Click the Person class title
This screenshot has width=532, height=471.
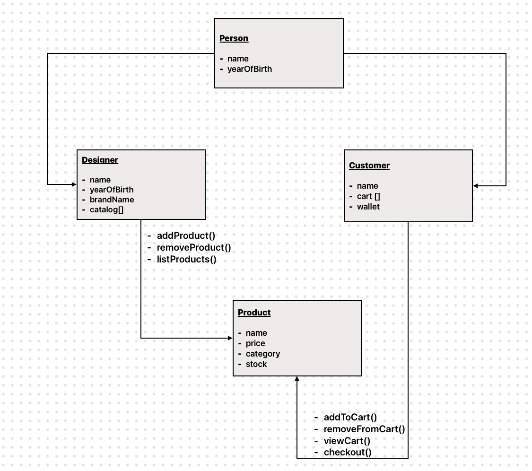(234, 38)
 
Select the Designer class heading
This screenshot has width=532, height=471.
(100, 160)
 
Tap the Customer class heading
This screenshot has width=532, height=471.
(369, 166)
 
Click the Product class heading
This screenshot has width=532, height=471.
(254, 313)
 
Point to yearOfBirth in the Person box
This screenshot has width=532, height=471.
(249, 69)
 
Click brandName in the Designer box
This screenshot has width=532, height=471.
(112, 200)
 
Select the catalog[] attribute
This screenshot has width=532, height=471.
(106, 210)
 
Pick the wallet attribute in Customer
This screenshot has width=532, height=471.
(368, 207)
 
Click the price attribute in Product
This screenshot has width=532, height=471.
(255, 343)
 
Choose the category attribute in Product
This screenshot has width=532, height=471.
(262, 354)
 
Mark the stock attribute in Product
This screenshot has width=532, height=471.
(256, 364)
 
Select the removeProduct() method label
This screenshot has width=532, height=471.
(194, 247)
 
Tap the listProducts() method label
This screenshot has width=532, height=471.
(186, 259)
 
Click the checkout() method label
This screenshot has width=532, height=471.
(348, 453)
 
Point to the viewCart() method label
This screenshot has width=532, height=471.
(347, 441)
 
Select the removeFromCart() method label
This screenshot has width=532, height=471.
(364, 429)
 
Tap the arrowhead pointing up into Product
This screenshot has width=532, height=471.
(297, 380)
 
